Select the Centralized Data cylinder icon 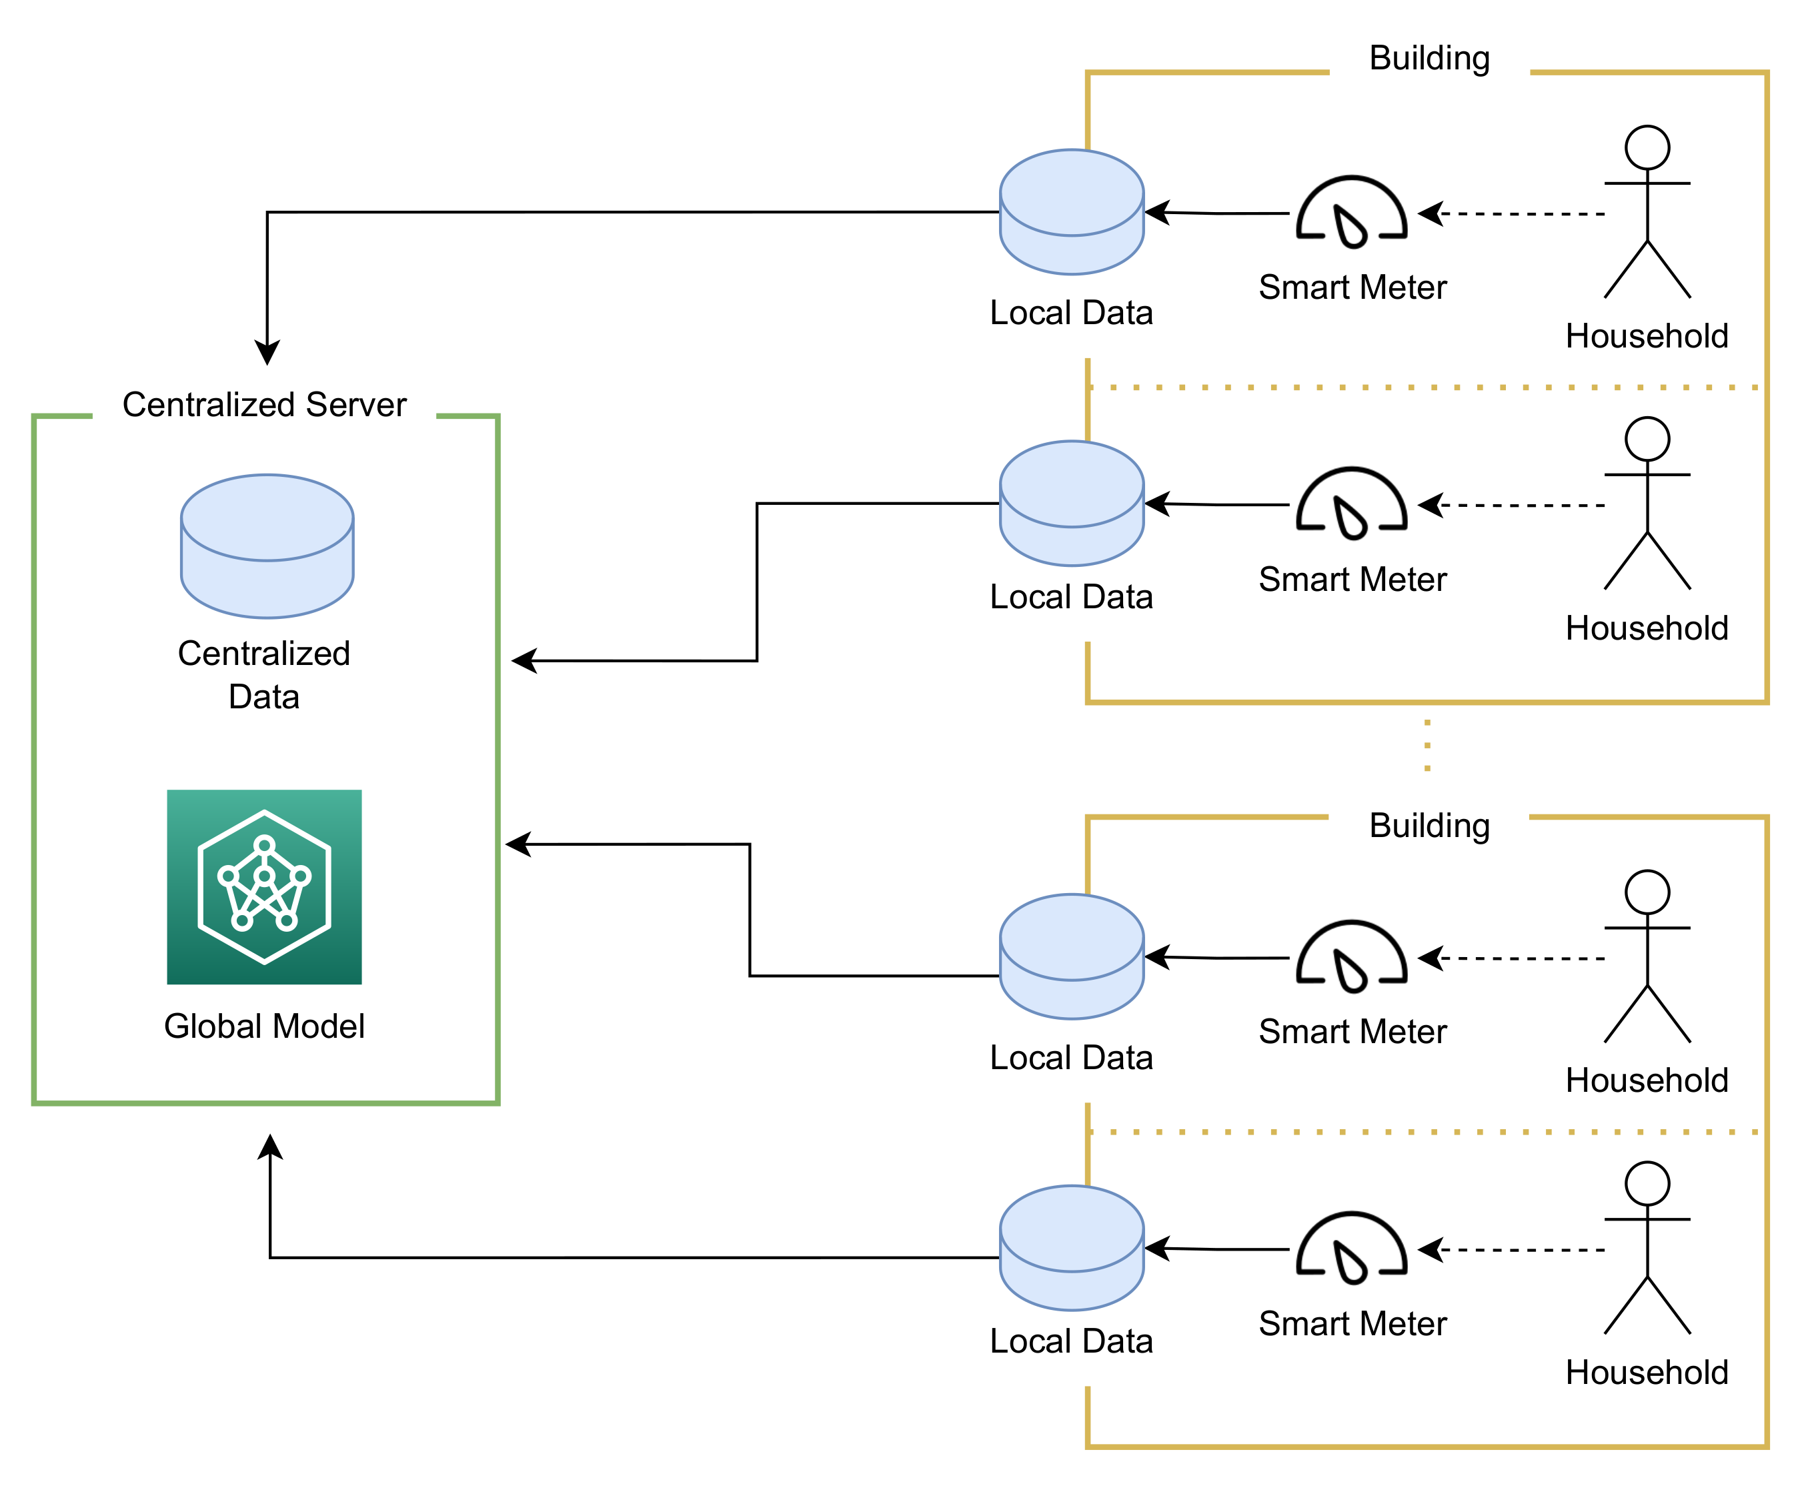pyautogui.click(x=267, y=546)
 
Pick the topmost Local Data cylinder pyautogui.click(x=1072, y=212)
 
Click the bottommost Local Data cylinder pyautogui.click(x=1072, y=1248)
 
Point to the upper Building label pyautogui.click(x=1429, y=58)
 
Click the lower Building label pyautogui.click(x=1429, y=826)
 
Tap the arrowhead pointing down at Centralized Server pyautogui.click(x=267, y=353)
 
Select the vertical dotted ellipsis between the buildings pyautogui.click(x=1427, y=746)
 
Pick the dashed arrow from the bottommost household pyautogui.click(x=1515, y=1250)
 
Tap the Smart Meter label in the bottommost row pyautogui.click(x=1352, y=1323)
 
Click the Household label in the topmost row pyautogui.click(x=1647, y=336)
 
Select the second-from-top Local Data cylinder pyautogui.click(x=1072, y=504)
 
